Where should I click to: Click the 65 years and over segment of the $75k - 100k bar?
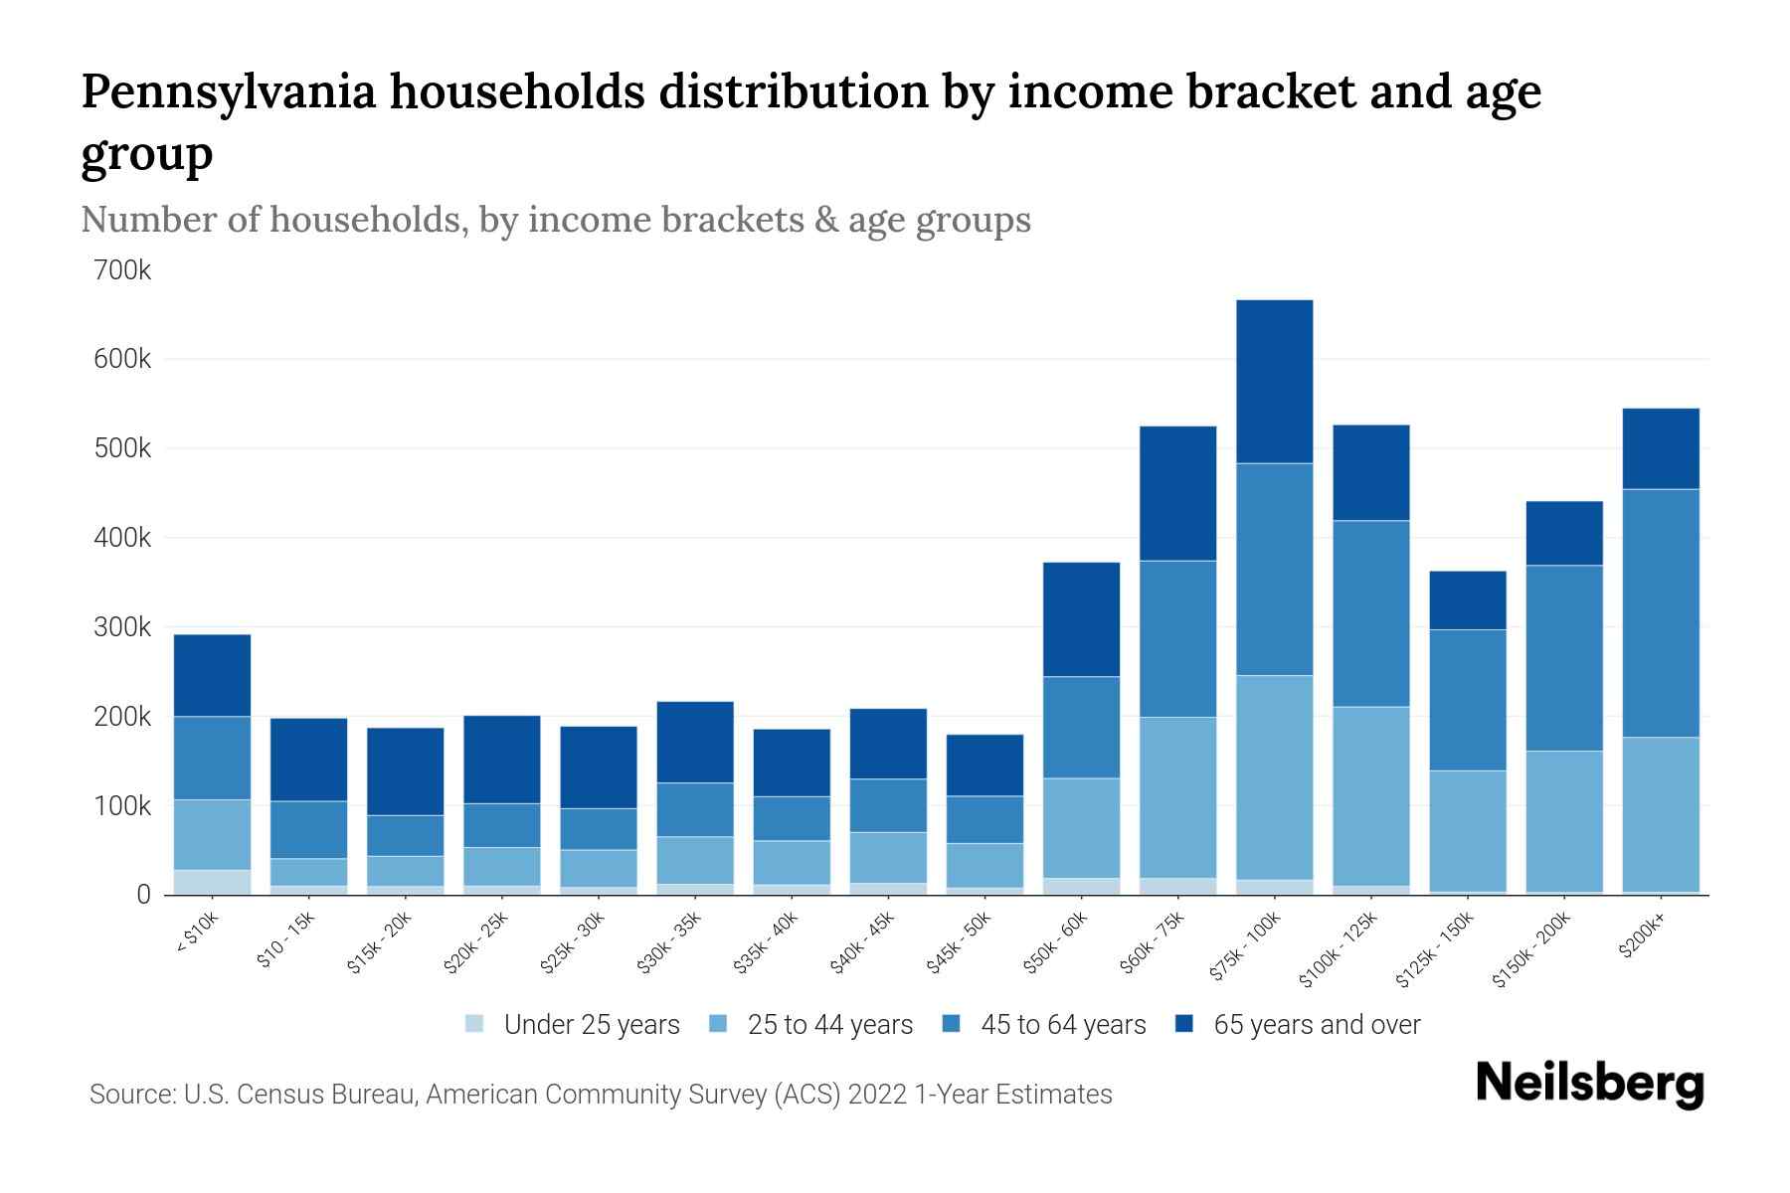click(1274, 381)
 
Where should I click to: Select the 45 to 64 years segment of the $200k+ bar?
click(1660, 612)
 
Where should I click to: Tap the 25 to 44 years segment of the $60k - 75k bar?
click(1177, 797)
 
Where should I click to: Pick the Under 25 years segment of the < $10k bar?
click(212, 882)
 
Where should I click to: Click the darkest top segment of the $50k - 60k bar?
click(1081, 618)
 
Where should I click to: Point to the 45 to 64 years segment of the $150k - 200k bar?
click(1563, 657)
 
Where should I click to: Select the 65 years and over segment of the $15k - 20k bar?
click(405, 771)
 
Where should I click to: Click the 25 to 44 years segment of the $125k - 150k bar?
click(1467, 830)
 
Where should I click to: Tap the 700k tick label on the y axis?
click(123, 269)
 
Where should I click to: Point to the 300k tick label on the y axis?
click(123, 627)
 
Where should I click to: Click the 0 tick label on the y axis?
click(143, 895)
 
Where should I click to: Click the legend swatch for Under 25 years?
click(474, 1024)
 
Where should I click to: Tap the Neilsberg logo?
click(1589, 1084)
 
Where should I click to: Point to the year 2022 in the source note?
click(878, 1095)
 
